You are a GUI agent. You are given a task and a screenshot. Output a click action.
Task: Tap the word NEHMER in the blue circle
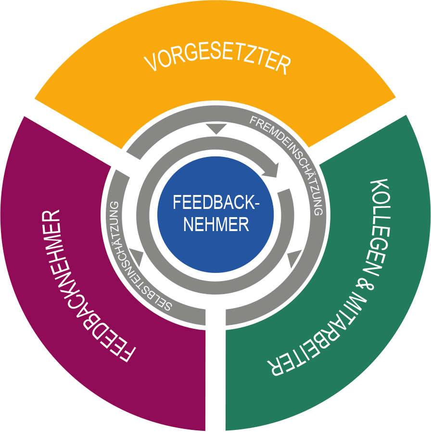(x=216, y=224)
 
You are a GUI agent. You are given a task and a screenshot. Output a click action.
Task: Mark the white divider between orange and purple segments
(x=84, y=140)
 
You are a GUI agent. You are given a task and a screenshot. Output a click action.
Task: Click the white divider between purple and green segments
(x=215, y=366)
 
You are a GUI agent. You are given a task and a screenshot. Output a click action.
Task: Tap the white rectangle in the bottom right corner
(x=373, y=427)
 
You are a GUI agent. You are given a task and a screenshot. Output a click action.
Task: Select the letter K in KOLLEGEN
(x=380, y=187)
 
